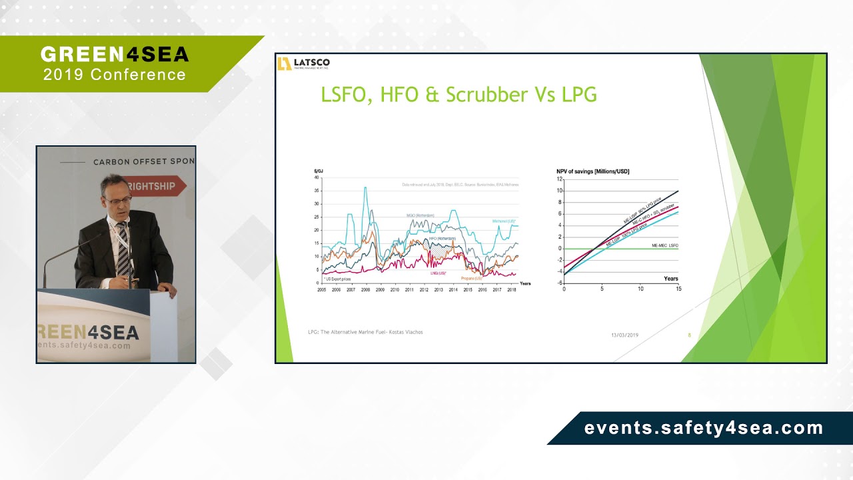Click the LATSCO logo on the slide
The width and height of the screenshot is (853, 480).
[304, 63]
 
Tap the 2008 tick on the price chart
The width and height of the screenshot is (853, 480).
[365, 290]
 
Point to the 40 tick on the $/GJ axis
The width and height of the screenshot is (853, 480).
[317, 178]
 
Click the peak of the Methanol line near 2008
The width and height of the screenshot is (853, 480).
[365, 188]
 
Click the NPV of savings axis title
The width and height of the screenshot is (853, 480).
[592, 172]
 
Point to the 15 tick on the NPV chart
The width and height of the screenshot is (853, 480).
[678, 289]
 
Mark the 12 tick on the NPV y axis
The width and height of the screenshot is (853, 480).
[560, 179]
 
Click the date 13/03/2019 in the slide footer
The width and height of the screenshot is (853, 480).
[624, 335]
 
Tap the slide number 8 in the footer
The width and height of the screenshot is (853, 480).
[689, 335]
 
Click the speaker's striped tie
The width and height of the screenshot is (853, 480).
[123, 249]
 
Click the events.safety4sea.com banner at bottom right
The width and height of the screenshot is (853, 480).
[703, 429]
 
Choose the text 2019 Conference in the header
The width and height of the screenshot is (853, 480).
[115, 75]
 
